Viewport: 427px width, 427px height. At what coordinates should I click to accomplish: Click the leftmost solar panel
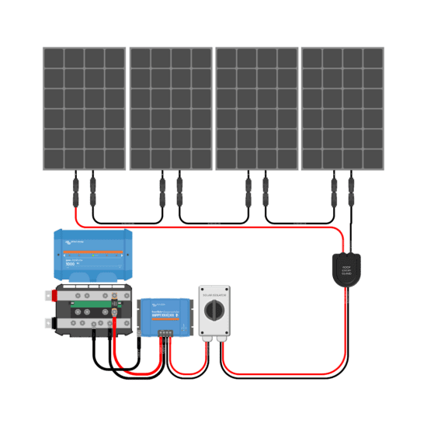coord(84,109)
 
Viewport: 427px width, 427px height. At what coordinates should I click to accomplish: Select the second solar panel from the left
coord(170,109)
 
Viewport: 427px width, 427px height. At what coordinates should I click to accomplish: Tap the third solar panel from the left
coord(256,109)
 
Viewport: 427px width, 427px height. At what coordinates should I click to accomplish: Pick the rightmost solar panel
coord(342,109)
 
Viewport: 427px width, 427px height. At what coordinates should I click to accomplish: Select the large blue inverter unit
coord(92,257)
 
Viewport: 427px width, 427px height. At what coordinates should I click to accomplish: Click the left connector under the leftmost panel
coord(75,188)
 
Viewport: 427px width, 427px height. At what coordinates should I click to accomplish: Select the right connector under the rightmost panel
coord(352,188)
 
